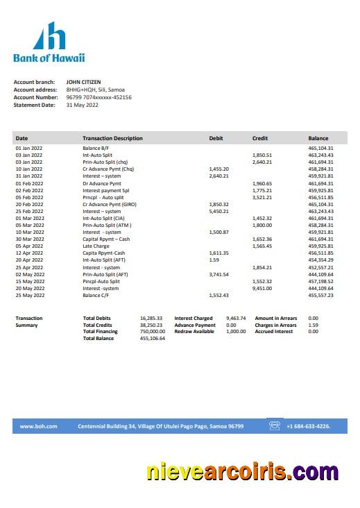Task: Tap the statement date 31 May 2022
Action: [x=83, y=105]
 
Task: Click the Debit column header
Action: [x=216, y=138]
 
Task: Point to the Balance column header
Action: [x=318, y=138]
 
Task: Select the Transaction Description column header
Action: [x=112, y=138]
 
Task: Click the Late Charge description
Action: [x=96, y=246]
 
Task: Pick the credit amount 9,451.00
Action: [x=262, y=288]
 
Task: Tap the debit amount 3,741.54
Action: [x=218, y=274]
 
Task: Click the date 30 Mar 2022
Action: [x=29, y=239]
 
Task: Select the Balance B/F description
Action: [x=96, y=148]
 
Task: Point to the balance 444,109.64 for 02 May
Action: [x=320, y=274]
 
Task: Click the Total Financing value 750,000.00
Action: [x=152, y=332]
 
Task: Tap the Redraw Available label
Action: [x=194, y=332]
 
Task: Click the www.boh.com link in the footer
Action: [x=38, y=426]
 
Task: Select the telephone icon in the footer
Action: [x=275, y=426]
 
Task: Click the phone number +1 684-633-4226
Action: [x=308, y=426]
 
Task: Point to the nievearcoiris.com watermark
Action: [x=243, y=472]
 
